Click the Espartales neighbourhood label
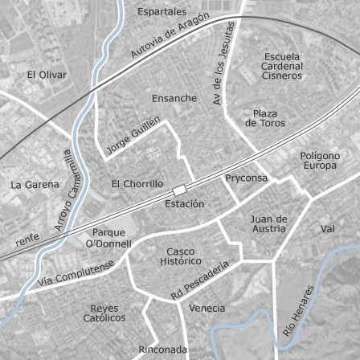[x=162, y=12]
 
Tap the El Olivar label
[x=47, y=74]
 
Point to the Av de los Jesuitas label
[x=223, y=63]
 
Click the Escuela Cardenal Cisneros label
[x=282, y=66]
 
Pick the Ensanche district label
[x=174, y=98]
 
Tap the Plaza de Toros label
[x=264, y=119]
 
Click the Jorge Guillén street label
[x=133, y=135]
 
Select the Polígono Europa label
[x=320, y=161]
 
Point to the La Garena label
[x=35, y=184]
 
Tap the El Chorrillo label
[x=137, y=184]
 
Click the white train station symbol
[x=178, y=190]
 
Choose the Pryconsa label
[x=246, y=178]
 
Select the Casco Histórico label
[x=181, y=256]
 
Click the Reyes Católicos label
[x=104, y=313]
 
